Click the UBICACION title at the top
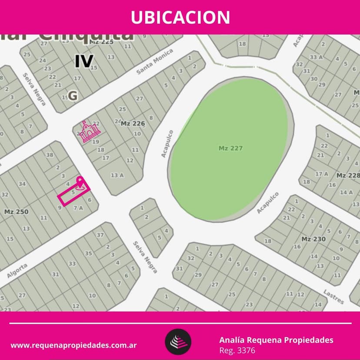[x=180, y=17]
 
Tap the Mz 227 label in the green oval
[x=230, y=148]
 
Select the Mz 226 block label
[x=133, y=123]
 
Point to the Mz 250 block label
[x=16, y=212]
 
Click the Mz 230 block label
[x=313, y=239]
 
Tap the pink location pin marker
[x=80, y=182]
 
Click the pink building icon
[x=90, y=132]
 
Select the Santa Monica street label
[x=155, y=61]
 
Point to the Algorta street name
[x=17, y=270]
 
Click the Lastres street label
[x=333, y=297]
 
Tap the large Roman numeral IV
[x=83, y=61]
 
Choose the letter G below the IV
[x=73, y=96]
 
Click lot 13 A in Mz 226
[x=117, y=175]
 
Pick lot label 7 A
[x=78, y=208]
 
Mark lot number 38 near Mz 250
[x=50, y=155]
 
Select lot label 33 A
[x=316, y=57]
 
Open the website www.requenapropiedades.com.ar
[x=74, y=346]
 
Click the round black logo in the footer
[x=178, y=342]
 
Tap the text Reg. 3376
[x=237, y=350]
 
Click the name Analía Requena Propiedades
[x=276, y=340]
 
